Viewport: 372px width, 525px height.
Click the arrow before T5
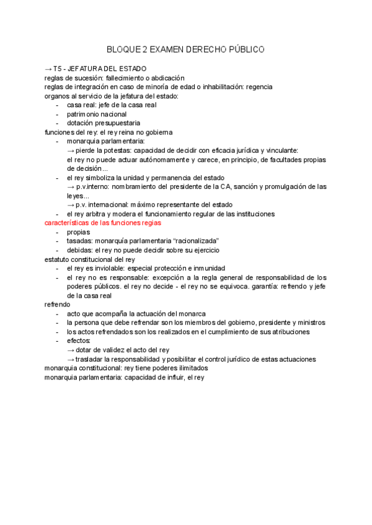(x=48, y=69)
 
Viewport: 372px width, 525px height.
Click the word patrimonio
(x=86, y=114)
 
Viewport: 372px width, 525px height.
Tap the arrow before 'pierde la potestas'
(x=71, y=150)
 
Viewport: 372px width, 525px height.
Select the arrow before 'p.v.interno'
(x=71, y=186)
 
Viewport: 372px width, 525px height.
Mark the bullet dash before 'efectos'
(x=58, y=341)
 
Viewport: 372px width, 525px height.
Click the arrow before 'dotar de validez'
(x=71, y=350)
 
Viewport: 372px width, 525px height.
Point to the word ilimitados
(x=188, y=368)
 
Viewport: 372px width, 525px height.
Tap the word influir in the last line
(x=174, y=377)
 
